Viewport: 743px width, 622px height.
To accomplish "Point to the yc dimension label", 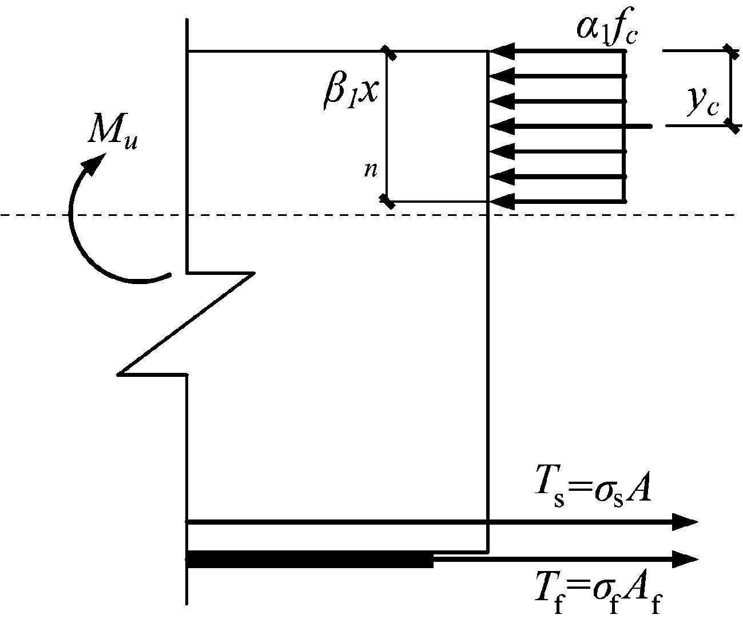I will pos(703,103).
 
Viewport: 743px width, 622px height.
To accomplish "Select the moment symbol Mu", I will pos(113,133).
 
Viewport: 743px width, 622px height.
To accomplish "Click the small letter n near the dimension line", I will pos(371,170).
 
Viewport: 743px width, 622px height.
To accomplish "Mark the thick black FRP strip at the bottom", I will pos(309,559).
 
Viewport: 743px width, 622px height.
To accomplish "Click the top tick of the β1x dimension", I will pos(389,52).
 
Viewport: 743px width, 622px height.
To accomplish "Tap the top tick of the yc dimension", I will pos(730,51).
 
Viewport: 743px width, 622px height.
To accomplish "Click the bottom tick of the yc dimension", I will pos(730,125).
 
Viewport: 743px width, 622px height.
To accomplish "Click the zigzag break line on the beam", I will pos(186,324).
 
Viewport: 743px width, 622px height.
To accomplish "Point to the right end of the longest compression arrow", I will pos(650,125).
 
